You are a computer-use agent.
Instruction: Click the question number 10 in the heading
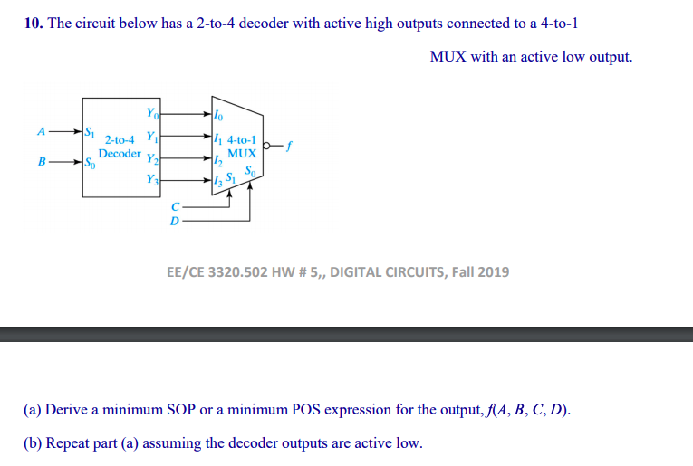point(33,24)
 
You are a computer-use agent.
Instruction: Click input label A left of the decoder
point(40,130)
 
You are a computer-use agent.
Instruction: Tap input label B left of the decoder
point(40,164)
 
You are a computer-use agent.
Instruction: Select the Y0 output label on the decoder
point(150,113)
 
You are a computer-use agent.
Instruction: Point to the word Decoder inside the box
point(120,154)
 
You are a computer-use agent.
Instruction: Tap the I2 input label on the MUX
point(217,162)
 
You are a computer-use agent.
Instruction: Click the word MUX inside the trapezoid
point(242,154)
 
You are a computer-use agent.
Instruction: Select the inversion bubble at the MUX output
point(267,144)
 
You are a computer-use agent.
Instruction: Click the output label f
point(290,143)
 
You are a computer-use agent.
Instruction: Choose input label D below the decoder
point(175,220)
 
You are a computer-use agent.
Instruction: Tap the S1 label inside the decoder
point(90,133)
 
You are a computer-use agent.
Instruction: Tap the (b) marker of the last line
point(33,443)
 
